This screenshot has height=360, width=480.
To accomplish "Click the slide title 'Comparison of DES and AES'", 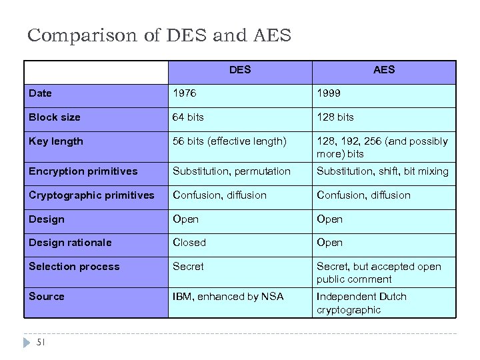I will click(159, 35).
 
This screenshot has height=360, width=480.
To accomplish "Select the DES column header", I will click(240, 69).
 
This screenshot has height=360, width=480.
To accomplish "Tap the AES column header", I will click(384, 69).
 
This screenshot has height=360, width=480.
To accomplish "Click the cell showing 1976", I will click(184, 93).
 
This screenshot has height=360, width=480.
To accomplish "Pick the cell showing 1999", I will click(329, 93).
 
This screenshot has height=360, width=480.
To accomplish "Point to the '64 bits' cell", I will click(188, 117).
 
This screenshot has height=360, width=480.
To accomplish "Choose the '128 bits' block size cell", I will click(335, 117).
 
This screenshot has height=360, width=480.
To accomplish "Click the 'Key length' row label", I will click(56, 141).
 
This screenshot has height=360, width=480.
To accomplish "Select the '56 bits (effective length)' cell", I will click(229, 141).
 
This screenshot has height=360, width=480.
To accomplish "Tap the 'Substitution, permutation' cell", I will click(231, 171).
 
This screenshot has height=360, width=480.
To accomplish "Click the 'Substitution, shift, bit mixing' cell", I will click(383, 171).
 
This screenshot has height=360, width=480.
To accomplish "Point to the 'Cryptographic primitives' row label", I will click(91, 195).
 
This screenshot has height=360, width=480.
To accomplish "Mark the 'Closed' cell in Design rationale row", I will click(189, 243).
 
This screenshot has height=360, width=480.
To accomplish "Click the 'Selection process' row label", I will click(74, 267).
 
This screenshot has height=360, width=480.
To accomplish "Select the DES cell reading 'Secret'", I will click(188, 267).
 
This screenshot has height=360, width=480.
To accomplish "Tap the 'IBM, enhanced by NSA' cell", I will click(228, 297).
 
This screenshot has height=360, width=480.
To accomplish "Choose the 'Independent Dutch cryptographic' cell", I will click(361, 303).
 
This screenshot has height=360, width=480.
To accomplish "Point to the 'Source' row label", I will click(47, 297).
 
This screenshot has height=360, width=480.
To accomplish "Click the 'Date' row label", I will click(40, 93).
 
